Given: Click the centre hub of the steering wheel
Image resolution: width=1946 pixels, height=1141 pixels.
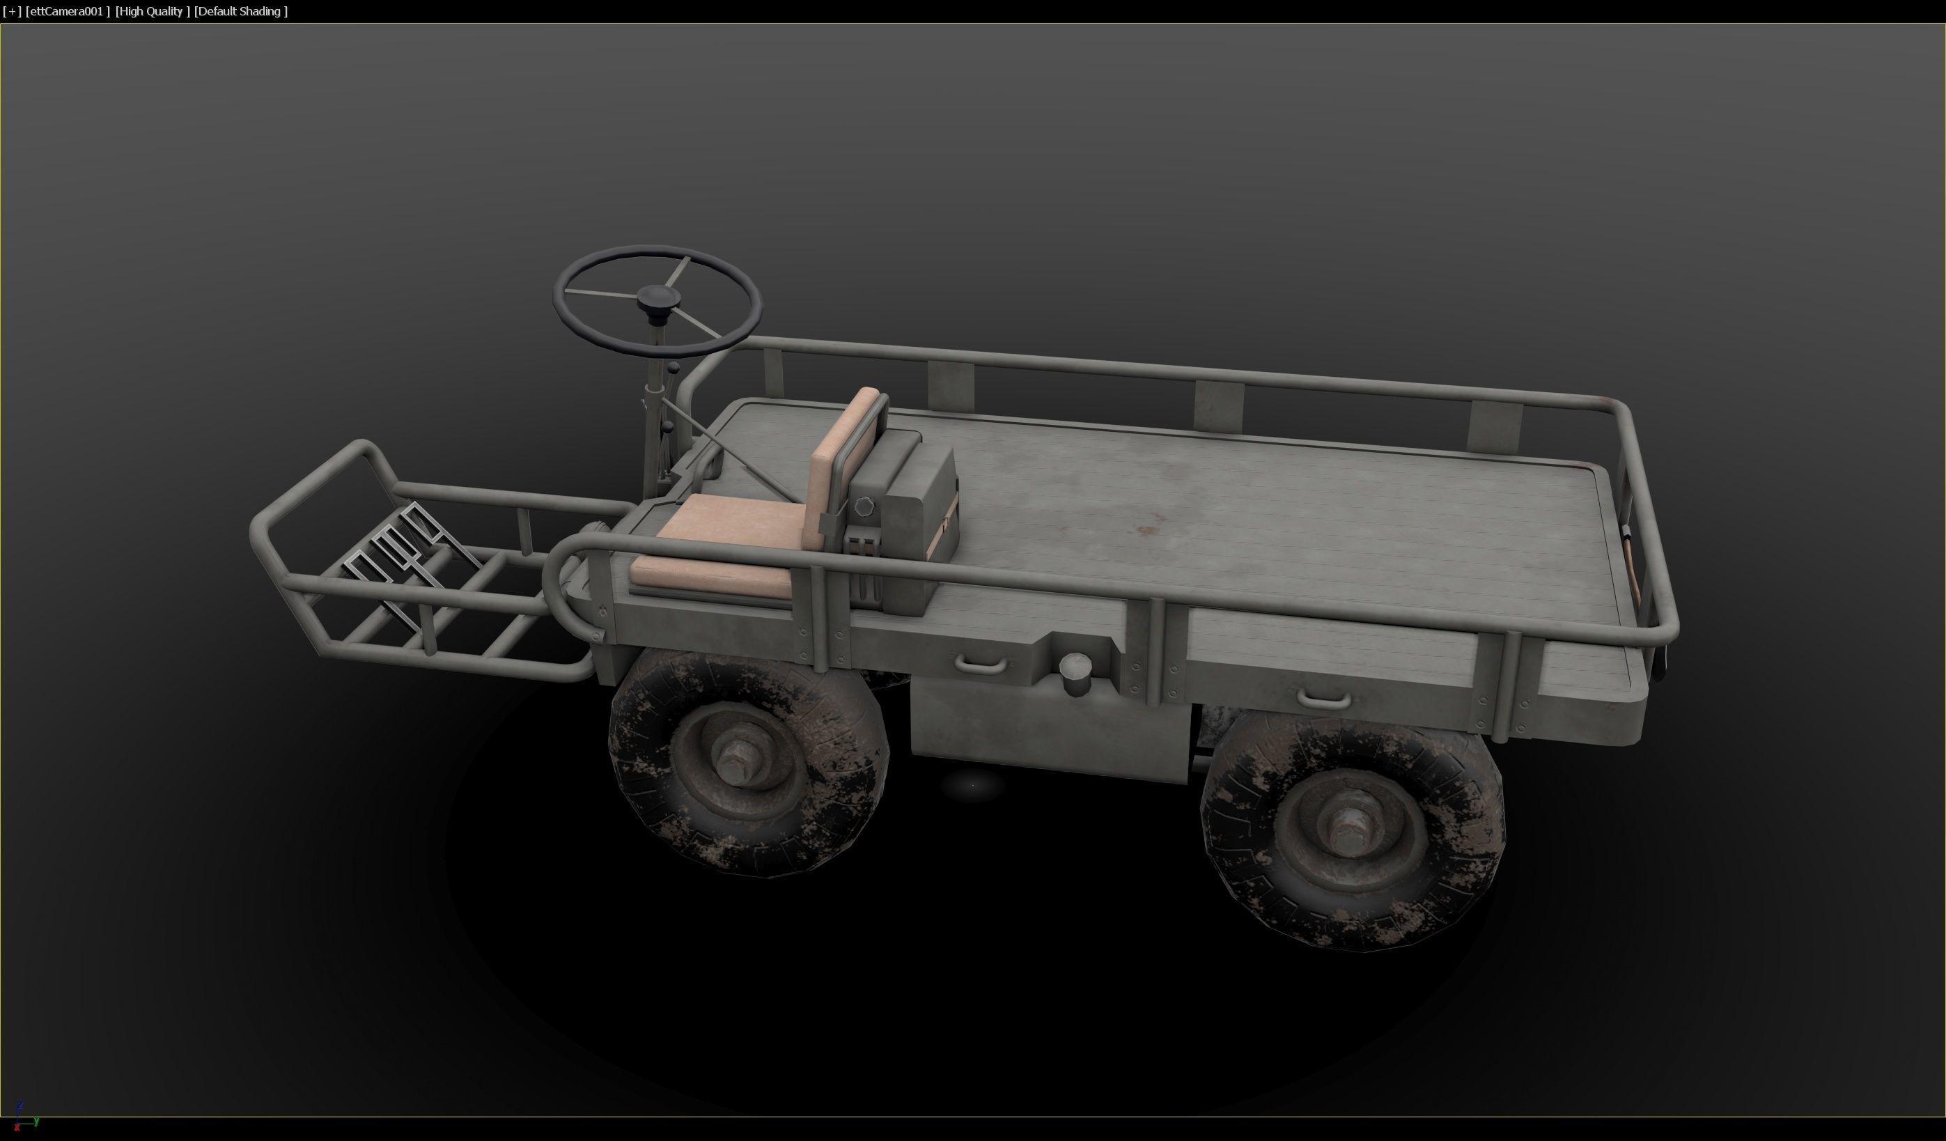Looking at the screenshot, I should click(655, 295).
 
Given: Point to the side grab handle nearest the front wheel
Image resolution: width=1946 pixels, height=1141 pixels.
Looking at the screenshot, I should click(981, 664).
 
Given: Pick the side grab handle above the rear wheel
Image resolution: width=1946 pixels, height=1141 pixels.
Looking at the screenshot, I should click(1323, 700).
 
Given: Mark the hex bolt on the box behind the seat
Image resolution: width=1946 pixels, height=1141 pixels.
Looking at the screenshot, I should click(864, 506).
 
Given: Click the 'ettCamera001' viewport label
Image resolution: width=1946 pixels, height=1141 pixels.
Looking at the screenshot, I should click(67, 11).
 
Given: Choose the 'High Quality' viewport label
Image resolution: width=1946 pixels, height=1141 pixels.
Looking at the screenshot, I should click(152, 11).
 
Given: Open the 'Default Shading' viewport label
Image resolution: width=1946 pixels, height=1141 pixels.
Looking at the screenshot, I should click(241, 11).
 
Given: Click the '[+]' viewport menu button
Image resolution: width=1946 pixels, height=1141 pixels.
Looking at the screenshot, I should click(12, 11).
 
